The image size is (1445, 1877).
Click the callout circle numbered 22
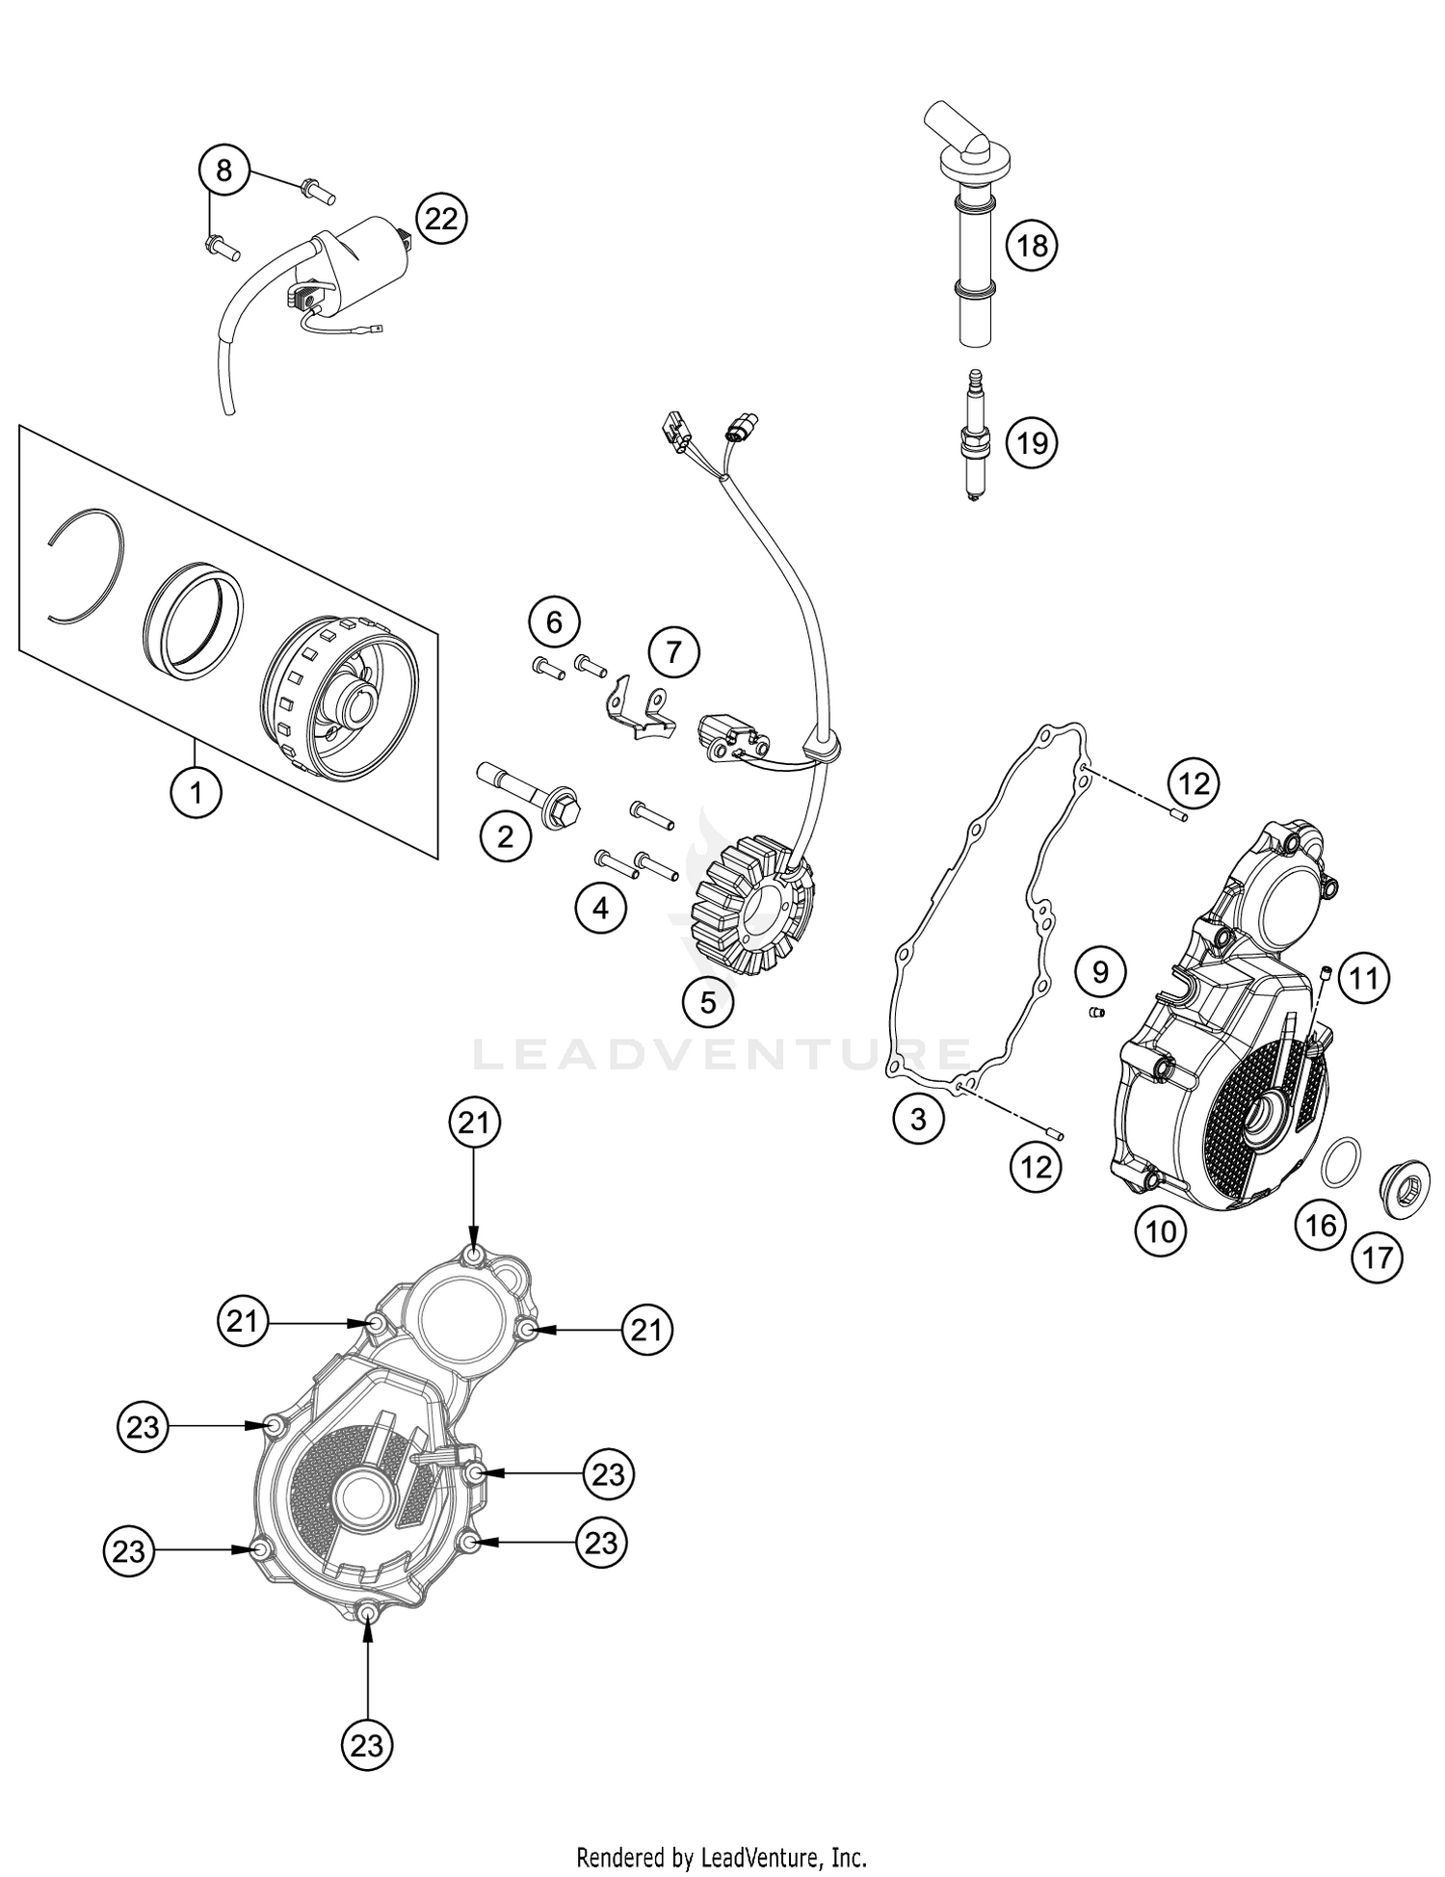pyautogui.click(x=441, y=220)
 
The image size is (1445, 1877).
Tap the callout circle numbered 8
pyautogui.click(x=223, y=172)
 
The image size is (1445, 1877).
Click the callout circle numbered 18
pyautogui.click(x=1032, y=246)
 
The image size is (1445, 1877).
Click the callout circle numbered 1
pyautogui.click(x=196, y=793)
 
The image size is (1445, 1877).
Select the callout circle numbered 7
pyautogui.click(x=673, y=653)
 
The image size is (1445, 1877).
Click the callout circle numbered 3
pyautogui.click(x=917, y=1119)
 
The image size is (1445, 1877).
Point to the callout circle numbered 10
pyautogui.click(x=1161, y=1230)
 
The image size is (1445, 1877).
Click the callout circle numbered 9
pyautogui.click(x=1100, y=971)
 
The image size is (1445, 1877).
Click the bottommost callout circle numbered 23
pyautogui.click(x=367, y=1745)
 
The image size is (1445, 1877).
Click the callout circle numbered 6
pyautogui.click(x=554, y=622)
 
